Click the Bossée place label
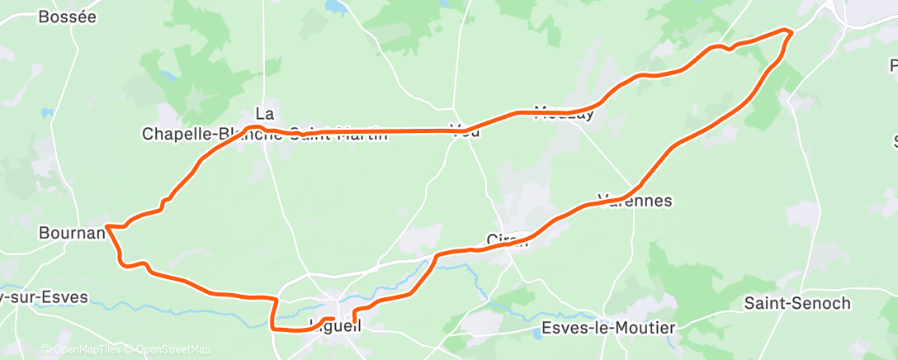pyautogui.click(x=68, y=17)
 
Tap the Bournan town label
pyautogui.click(x=72, y=234)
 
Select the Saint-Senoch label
pyautogui.click(x=796, y=304)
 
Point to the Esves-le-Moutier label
pyautogui.click(x=608, y=329)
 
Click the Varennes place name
pyautogui.click(x=635, y=201)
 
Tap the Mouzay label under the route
pyautogui.click(x=565, y=114)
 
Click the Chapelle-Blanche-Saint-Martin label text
pyautogui.click(x=264, y=134)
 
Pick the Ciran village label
pyautogui.click(x=507, y=240)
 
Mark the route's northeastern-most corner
pyautogui.click(x=791, y=31)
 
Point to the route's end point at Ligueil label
pyautogui.click(x=333, y=319)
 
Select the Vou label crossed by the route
pyautogui.click(x=465, y=130)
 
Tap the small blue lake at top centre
pyautogui.click(x=337, y=7)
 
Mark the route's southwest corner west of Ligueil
pyautogui.click(x=273, y=329)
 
